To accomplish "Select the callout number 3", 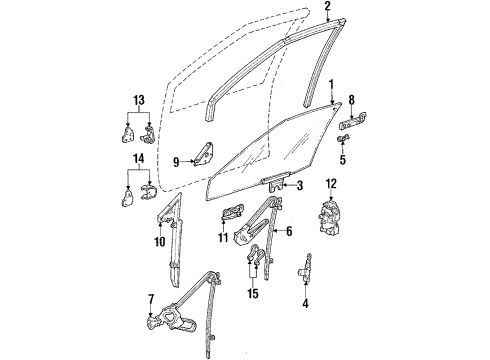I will coord(299,186).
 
